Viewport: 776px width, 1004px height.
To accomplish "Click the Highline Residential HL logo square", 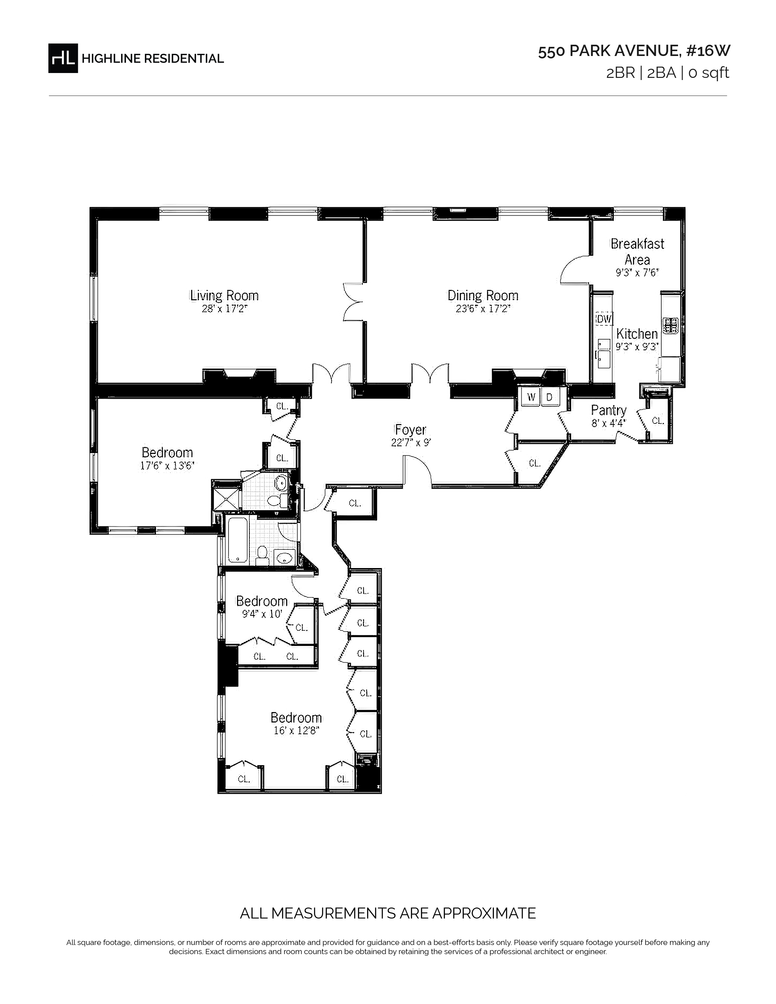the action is pyautogui.click(x=63, y=58).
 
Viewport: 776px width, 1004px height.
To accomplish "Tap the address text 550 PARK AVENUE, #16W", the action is pyautogui.click(x=634, y=51).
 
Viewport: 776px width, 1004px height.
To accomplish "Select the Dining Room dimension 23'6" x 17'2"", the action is pyautogui.click(x=483, y=309).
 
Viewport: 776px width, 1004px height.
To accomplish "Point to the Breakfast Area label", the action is pyautogui.click(x=637, y=251).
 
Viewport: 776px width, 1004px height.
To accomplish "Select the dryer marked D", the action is pyautogui.click(x=549, y=397).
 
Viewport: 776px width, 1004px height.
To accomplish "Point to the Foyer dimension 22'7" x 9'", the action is pyautogui.click(x=411, y=443).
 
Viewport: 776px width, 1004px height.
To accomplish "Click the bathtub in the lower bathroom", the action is pyautogui.click(x=238, y=541).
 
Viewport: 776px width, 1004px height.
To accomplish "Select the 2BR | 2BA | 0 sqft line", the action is pyautogui.click(x=667, y=73).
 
